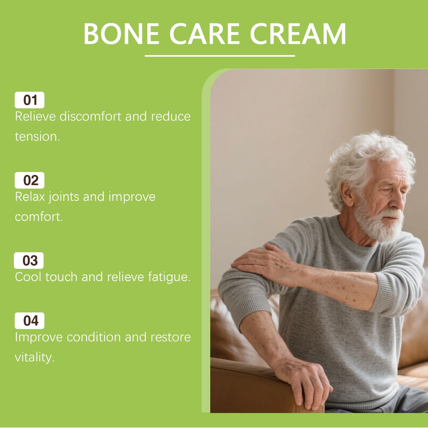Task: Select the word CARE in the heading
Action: (x=204, y=35)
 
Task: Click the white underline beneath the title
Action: (x=220, y=56)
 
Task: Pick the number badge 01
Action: (x=29, y=100)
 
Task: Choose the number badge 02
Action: (x=29, y=180)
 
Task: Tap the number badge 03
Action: (x=29, y=261)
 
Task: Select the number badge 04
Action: (x=29, y=321)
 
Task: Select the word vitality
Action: (x=35, y=357)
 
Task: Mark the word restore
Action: (x=170, y=338)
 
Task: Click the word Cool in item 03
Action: (x=28, y=277)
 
